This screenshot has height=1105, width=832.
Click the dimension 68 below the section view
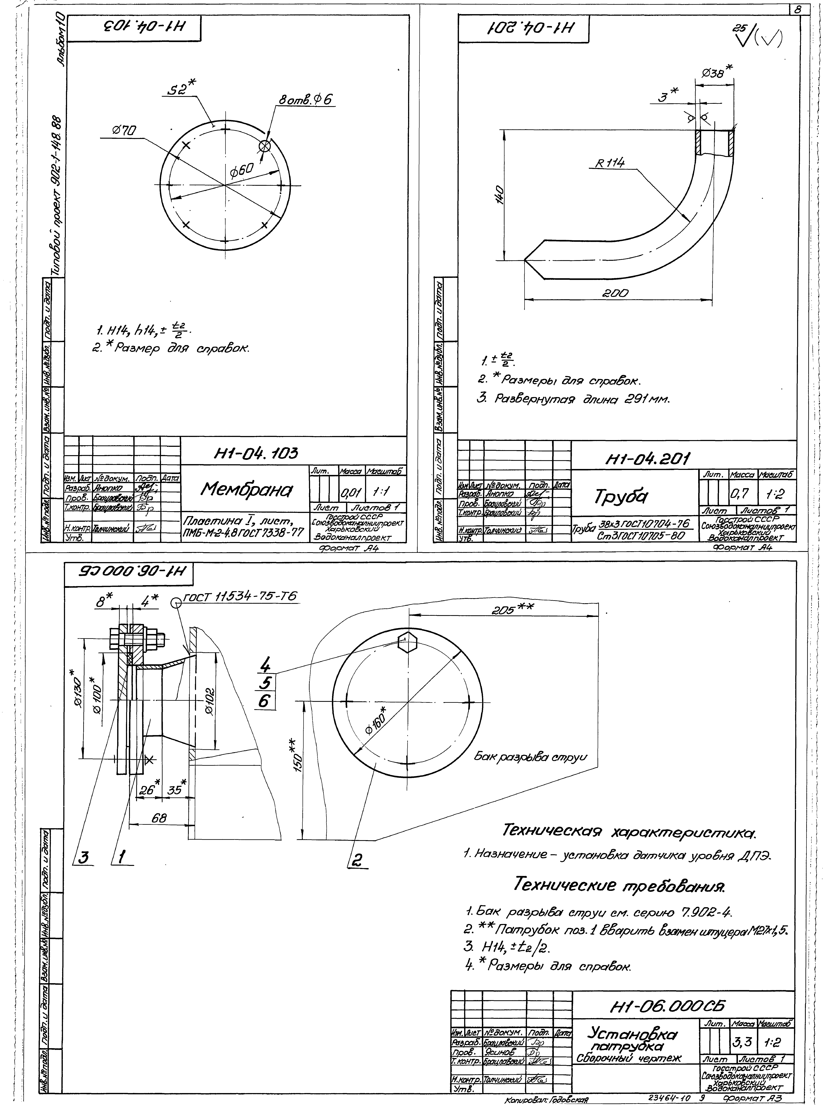159,818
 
